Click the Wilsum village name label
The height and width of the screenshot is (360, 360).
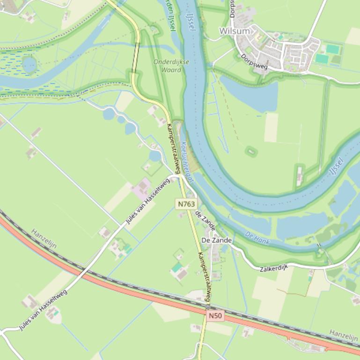click(x=235, y=31)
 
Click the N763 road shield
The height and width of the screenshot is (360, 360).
click(x=186, y=204)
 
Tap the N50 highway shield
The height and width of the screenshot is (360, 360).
click(x=215, y=316)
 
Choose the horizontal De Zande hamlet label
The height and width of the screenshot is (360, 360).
click(x=216, y=240)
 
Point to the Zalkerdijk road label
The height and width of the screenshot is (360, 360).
click(x=274, y=267)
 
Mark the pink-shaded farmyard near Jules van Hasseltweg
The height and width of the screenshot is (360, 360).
click(x=142, y=188)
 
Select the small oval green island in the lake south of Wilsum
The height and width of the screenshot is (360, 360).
click(x=251, y=151)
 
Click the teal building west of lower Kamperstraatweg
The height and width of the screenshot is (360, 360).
click(x=176, y=268)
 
